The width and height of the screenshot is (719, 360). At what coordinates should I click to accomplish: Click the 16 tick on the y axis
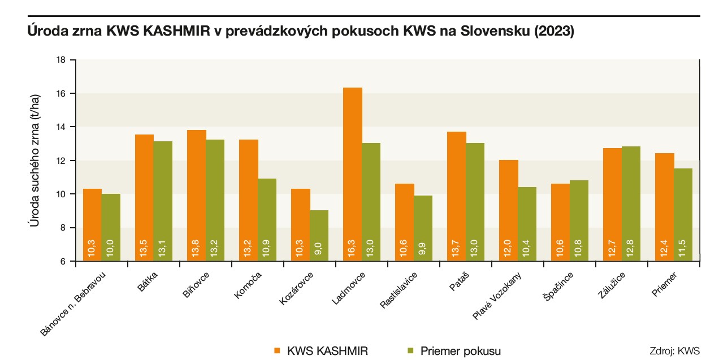click(62, 93)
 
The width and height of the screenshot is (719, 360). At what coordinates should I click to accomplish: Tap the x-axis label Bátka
click(148, 282)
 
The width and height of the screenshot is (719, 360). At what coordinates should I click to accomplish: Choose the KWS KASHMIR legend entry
click(328, 350)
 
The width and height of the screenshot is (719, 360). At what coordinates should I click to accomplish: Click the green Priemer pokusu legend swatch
click(411, 350)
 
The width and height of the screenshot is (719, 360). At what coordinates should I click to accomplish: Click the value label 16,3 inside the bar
click(353, 248)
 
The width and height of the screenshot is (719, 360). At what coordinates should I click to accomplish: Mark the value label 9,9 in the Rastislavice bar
click(423, 248)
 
